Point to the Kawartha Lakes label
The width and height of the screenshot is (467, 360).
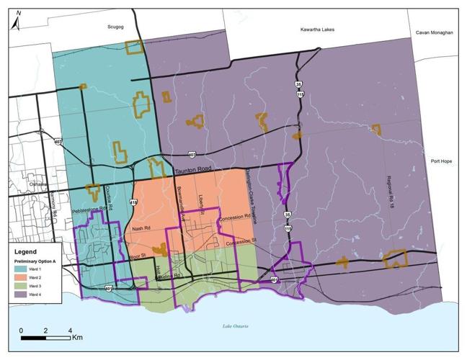coord(317,30)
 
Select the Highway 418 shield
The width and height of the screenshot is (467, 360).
coord(133,203)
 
